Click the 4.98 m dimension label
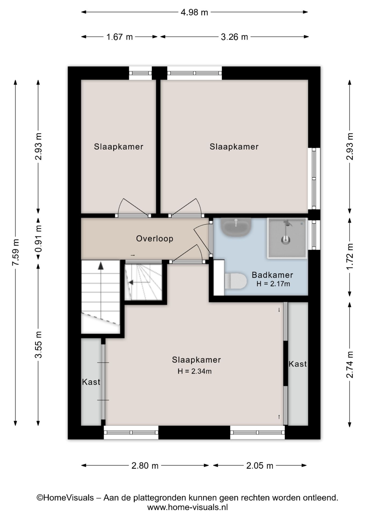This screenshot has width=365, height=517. [x=194, y=12]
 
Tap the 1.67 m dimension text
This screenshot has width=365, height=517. [x=120, y=37]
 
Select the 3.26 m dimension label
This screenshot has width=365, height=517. [x=234, y=37]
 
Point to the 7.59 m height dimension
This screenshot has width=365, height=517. [x=16, y=252]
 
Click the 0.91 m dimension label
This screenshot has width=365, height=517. [x=38, y=238]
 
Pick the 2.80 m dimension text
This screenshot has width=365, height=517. [x=145, y=466]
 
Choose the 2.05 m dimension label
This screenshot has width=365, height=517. [x=260, y=466]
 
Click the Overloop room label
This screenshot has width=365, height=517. [x=155, y=239]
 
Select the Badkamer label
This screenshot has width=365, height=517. [x=272, y=275]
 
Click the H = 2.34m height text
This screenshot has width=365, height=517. [x=195, y=371]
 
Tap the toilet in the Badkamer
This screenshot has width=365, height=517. [x=235, y=281]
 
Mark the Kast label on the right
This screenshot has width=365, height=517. [x=298, y=364]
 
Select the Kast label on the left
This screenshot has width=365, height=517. [x=91, y=382]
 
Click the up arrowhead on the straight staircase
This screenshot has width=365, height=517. [x=101, y=266]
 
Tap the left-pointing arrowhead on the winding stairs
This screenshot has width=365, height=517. [x=131, y=282]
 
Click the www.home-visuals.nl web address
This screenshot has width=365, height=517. [x=187, y=507]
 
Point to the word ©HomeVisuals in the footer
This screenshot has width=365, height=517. [x=65, y=498]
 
